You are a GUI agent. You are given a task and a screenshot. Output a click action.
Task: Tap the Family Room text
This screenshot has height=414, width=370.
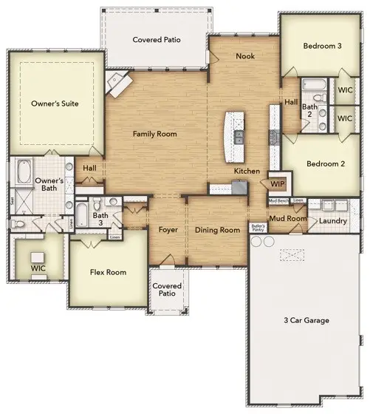click(x=155, y=134)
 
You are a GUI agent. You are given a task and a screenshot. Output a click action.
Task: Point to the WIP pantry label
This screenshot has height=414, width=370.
click(x=278, y=183)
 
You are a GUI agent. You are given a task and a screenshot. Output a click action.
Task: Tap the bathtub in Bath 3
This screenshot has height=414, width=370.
click(x=83, y=219)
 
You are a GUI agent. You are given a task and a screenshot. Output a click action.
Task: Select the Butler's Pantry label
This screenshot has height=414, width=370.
click(x=258, y=227)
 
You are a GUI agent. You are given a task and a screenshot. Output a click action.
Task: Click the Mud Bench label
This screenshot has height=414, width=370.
click(x=278, y=201)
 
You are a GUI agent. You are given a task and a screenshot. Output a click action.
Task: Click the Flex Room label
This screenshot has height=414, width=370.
click(x=107, y=272)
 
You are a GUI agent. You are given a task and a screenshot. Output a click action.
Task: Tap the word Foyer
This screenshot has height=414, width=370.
click(x=168, y=230)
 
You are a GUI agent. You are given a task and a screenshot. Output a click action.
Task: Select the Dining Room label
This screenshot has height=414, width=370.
click(x=217, y=230)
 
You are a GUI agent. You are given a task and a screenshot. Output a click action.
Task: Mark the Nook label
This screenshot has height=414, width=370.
click(x=244, y=56)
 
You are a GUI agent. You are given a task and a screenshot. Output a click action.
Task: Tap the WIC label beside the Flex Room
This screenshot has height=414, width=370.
click(x=38, y=269)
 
